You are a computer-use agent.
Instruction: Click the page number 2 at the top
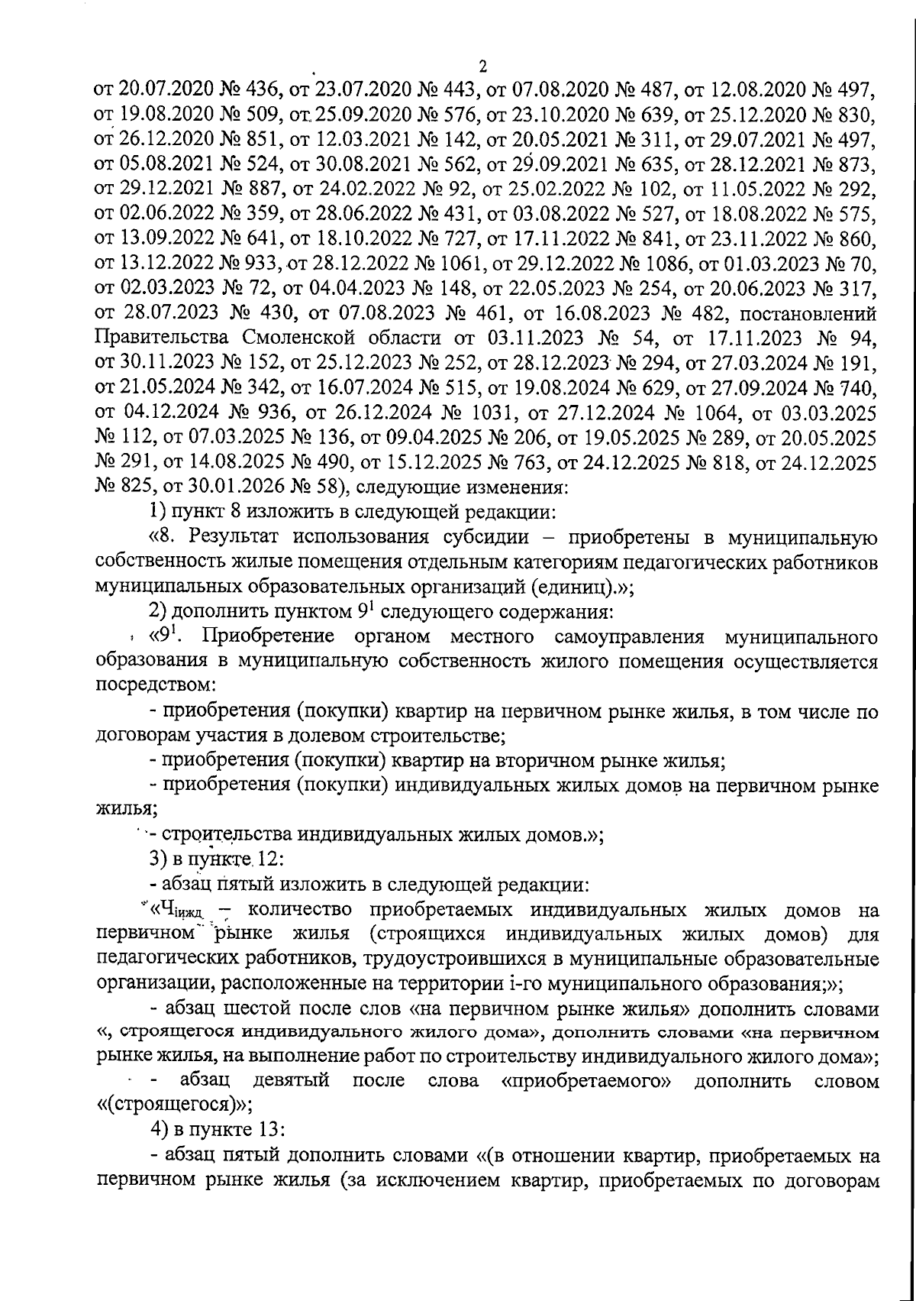point(482,66)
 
